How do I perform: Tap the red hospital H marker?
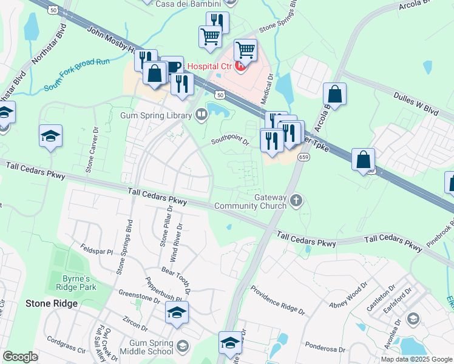[x=241, y=66]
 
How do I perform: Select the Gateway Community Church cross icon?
[x=296, y=200]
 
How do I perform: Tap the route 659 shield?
[x=303, y=157]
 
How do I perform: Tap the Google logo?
[x=21, y=357]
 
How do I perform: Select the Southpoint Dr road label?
[x=230, y=141]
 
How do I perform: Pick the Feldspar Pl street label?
[x=97, y=250]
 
